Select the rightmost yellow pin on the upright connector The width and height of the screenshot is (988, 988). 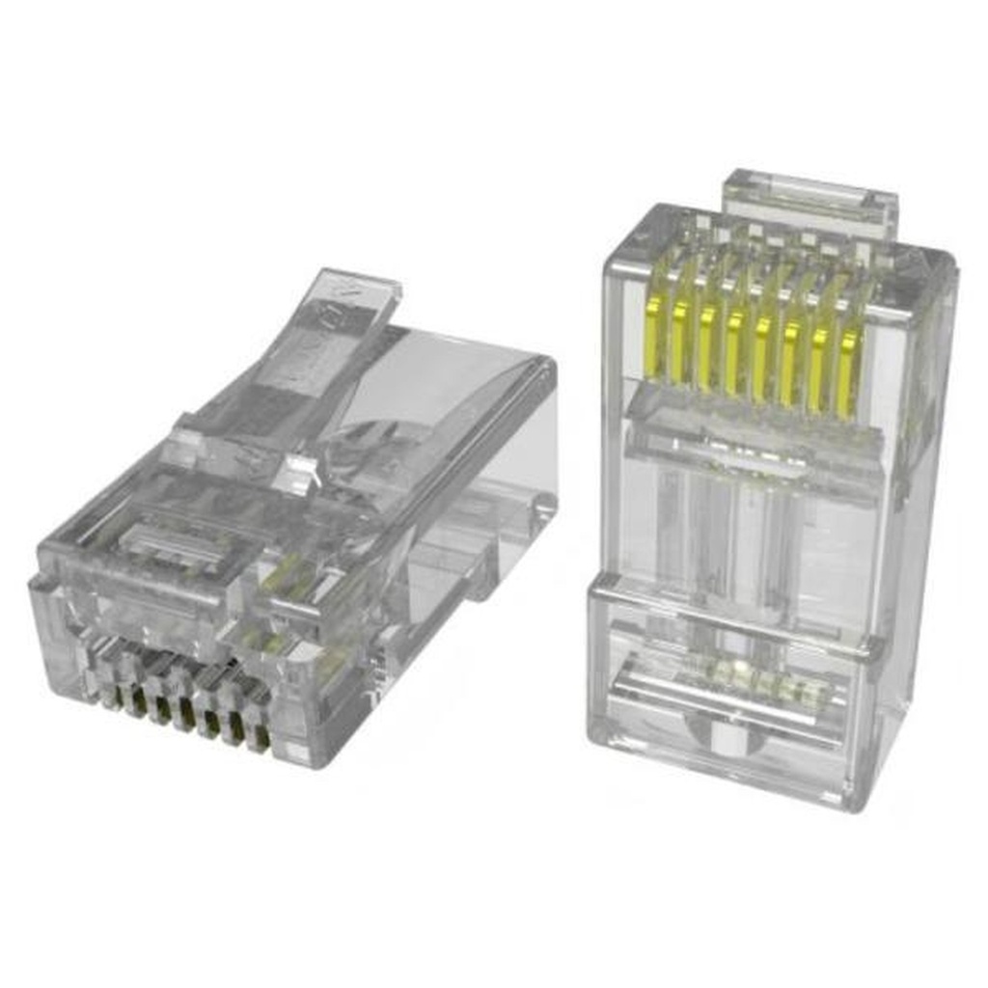(848, 371)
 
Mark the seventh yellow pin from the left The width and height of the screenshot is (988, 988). (818, 367)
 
